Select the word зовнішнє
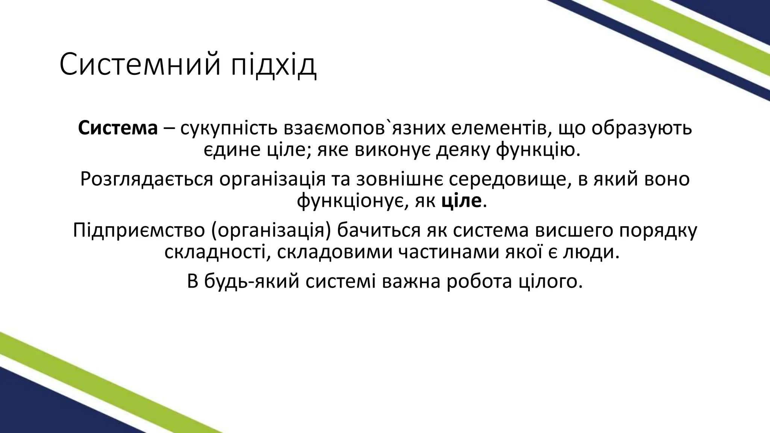pos(398,179)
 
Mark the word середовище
pos(508,179)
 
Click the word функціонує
pos(353,201)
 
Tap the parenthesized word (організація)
pos(271,230)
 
